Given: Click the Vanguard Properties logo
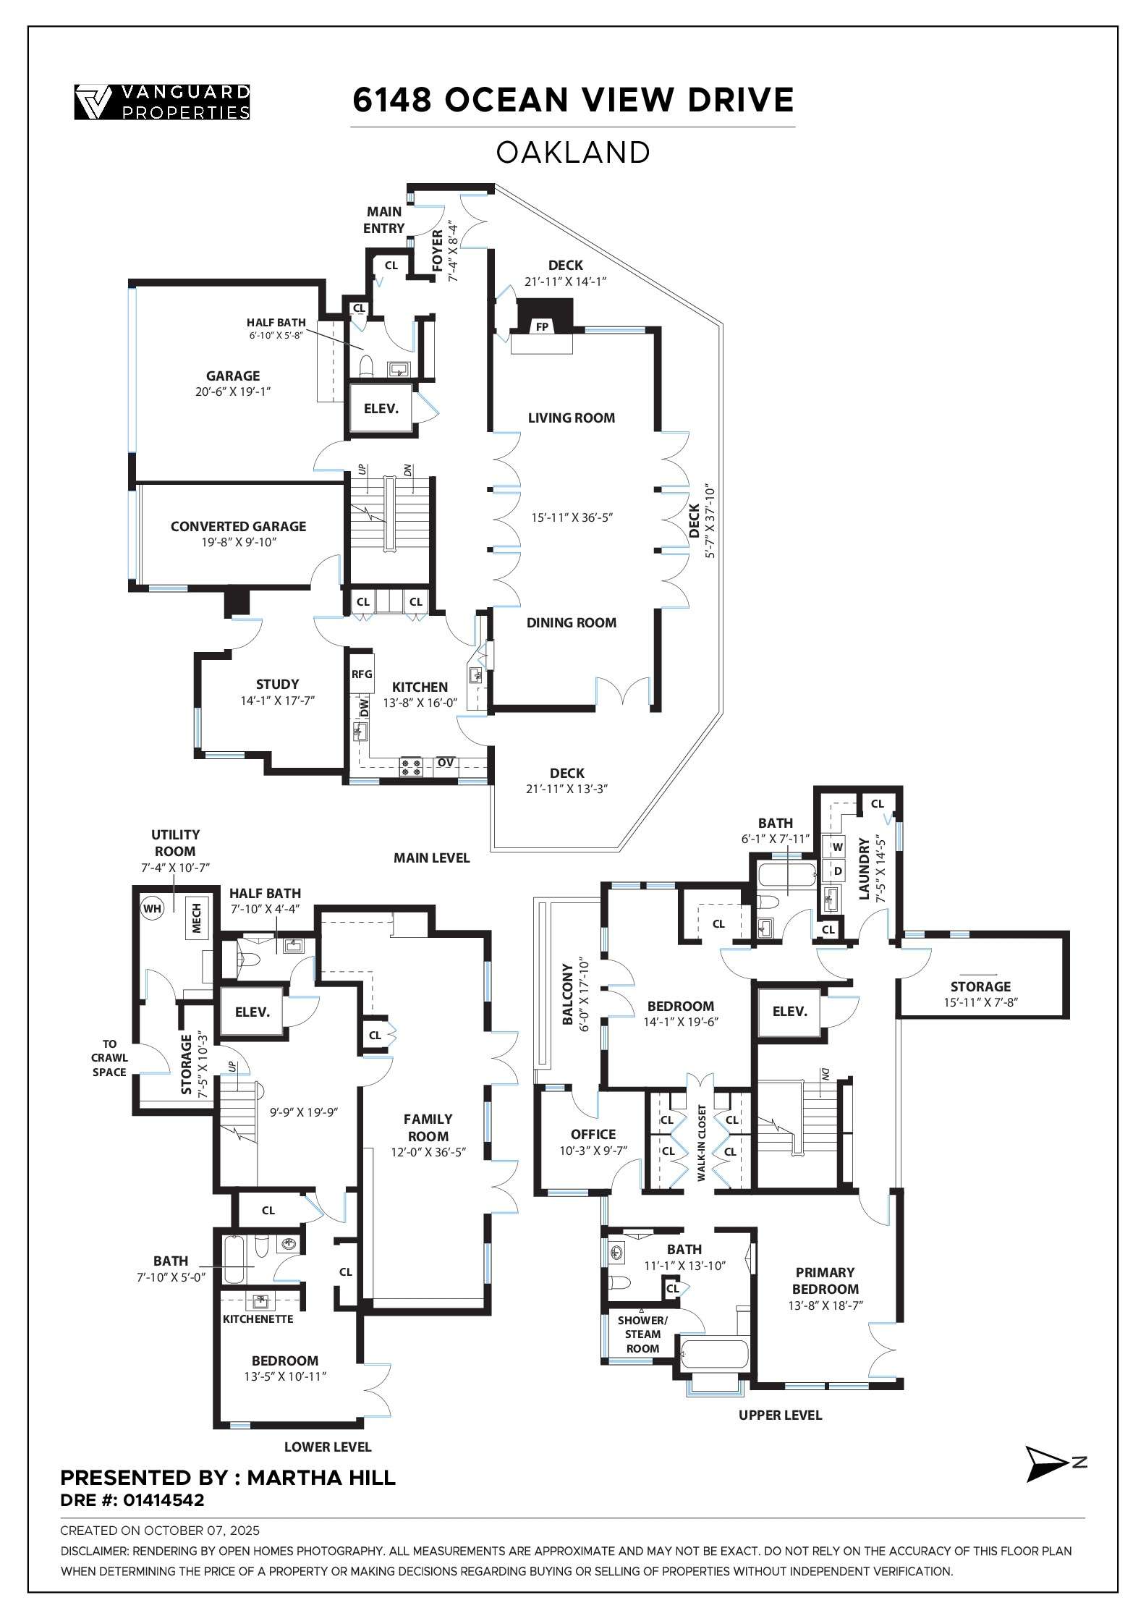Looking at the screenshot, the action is point(163,102).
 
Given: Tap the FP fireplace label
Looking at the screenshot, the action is point(542,327).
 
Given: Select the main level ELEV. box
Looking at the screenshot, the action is point(381,408).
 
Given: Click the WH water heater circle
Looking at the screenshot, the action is point(153,907).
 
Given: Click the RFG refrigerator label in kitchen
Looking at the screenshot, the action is point(362,674).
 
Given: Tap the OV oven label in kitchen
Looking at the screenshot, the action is point(446,763).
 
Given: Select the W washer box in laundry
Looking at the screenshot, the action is point(838,847).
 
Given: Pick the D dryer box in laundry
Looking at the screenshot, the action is point(838,871).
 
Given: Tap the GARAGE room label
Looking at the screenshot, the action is point(233,376).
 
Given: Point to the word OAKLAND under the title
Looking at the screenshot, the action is point(573,153).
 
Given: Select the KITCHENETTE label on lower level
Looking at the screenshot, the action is point(258,1319).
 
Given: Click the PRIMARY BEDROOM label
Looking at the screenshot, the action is point(825,1280).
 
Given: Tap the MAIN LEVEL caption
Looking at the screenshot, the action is point(432,858).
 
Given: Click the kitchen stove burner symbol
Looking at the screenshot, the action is point(412,767).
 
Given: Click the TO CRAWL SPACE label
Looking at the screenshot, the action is point(109,1058).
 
